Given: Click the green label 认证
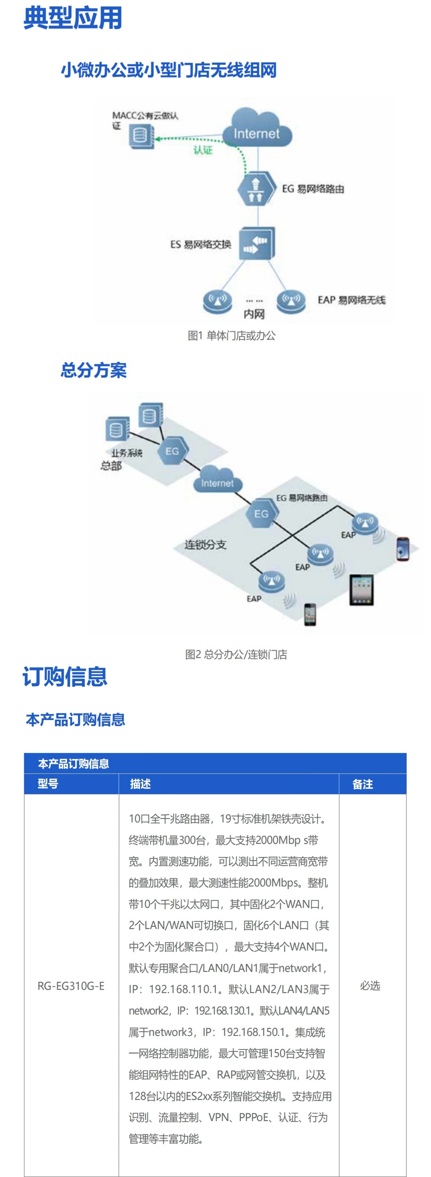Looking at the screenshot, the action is [x=203, y=150].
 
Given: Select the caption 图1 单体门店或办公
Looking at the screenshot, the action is [x=232, y=336].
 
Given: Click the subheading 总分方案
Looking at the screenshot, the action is [x=94, y=370].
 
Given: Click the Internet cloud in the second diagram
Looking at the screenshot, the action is [x=217, y=481].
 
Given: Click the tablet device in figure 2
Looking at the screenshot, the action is [x=361, y=590].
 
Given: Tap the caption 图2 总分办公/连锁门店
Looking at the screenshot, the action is [x=236, y=654].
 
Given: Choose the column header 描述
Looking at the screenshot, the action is [x=140, y=784].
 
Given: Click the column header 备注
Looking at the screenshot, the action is [x=362, y=784].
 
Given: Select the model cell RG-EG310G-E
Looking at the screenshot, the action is [x=71, y=986].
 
